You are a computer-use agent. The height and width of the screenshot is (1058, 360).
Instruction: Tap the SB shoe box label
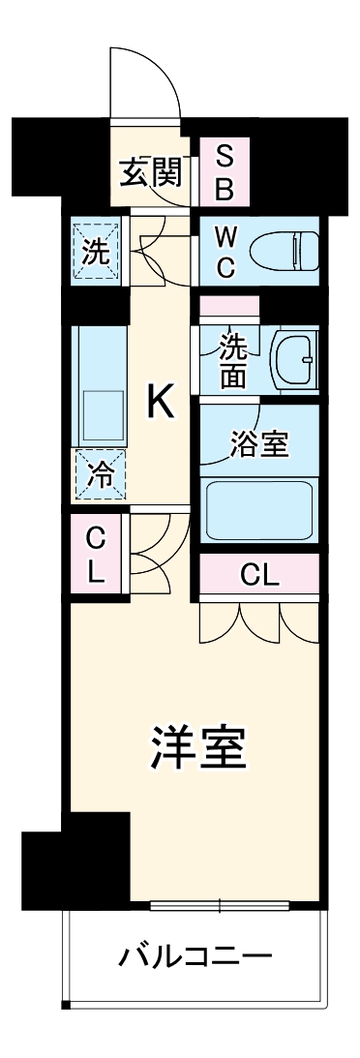click(224, 171)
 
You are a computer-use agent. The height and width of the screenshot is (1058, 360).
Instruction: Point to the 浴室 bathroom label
click(257, 445)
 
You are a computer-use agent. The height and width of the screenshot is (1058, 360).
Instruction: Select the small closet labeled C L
click(95, 555)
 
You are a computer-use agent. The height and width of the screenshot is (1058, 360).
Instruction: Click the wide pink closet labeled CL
click(258, 577)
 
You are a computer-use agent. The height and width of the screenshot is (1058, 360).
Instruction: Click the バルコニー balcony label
click(195, 958)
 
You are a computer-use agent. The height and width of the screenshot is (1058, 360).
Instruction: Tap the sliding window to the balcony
click(220, 907)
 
